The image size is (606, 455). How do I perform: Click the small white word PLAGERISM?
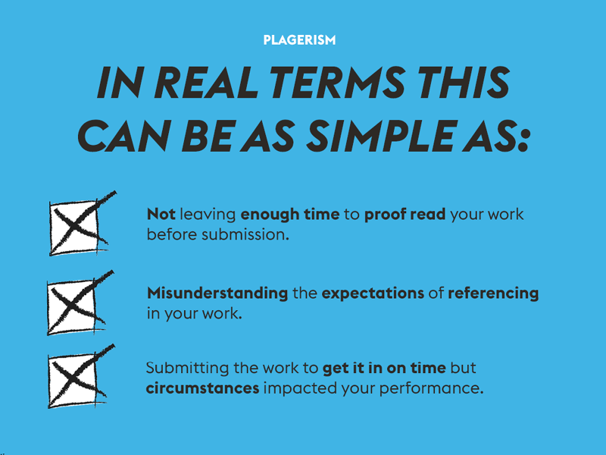(x=299, y=40)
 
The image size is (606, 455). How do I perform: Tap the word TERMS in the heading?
(x=337, y=83)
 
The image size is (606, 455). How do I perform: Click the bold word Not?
(x=161, y=214)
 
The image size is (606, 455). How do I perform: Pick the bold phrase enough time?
(x=290, y=215)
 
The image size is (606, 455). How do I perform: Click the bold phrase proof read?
(x=405, y=215)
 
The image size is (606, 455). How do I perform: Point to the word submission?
(x=245, y=234)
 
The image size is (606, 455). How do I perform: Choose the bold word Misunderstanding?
(x=217, y=293)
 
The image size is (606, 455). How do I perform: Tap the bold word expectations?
(x=373, y=293)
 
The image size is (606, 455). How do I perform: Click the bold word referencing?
(x=493, y=293)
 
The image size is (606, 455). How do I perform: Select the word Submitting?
(x=187, y=368)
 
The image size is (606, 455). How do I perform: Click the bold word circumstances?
(x=202, y=388)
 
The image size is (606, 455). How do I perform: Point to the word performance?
(x=431, y=388)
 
